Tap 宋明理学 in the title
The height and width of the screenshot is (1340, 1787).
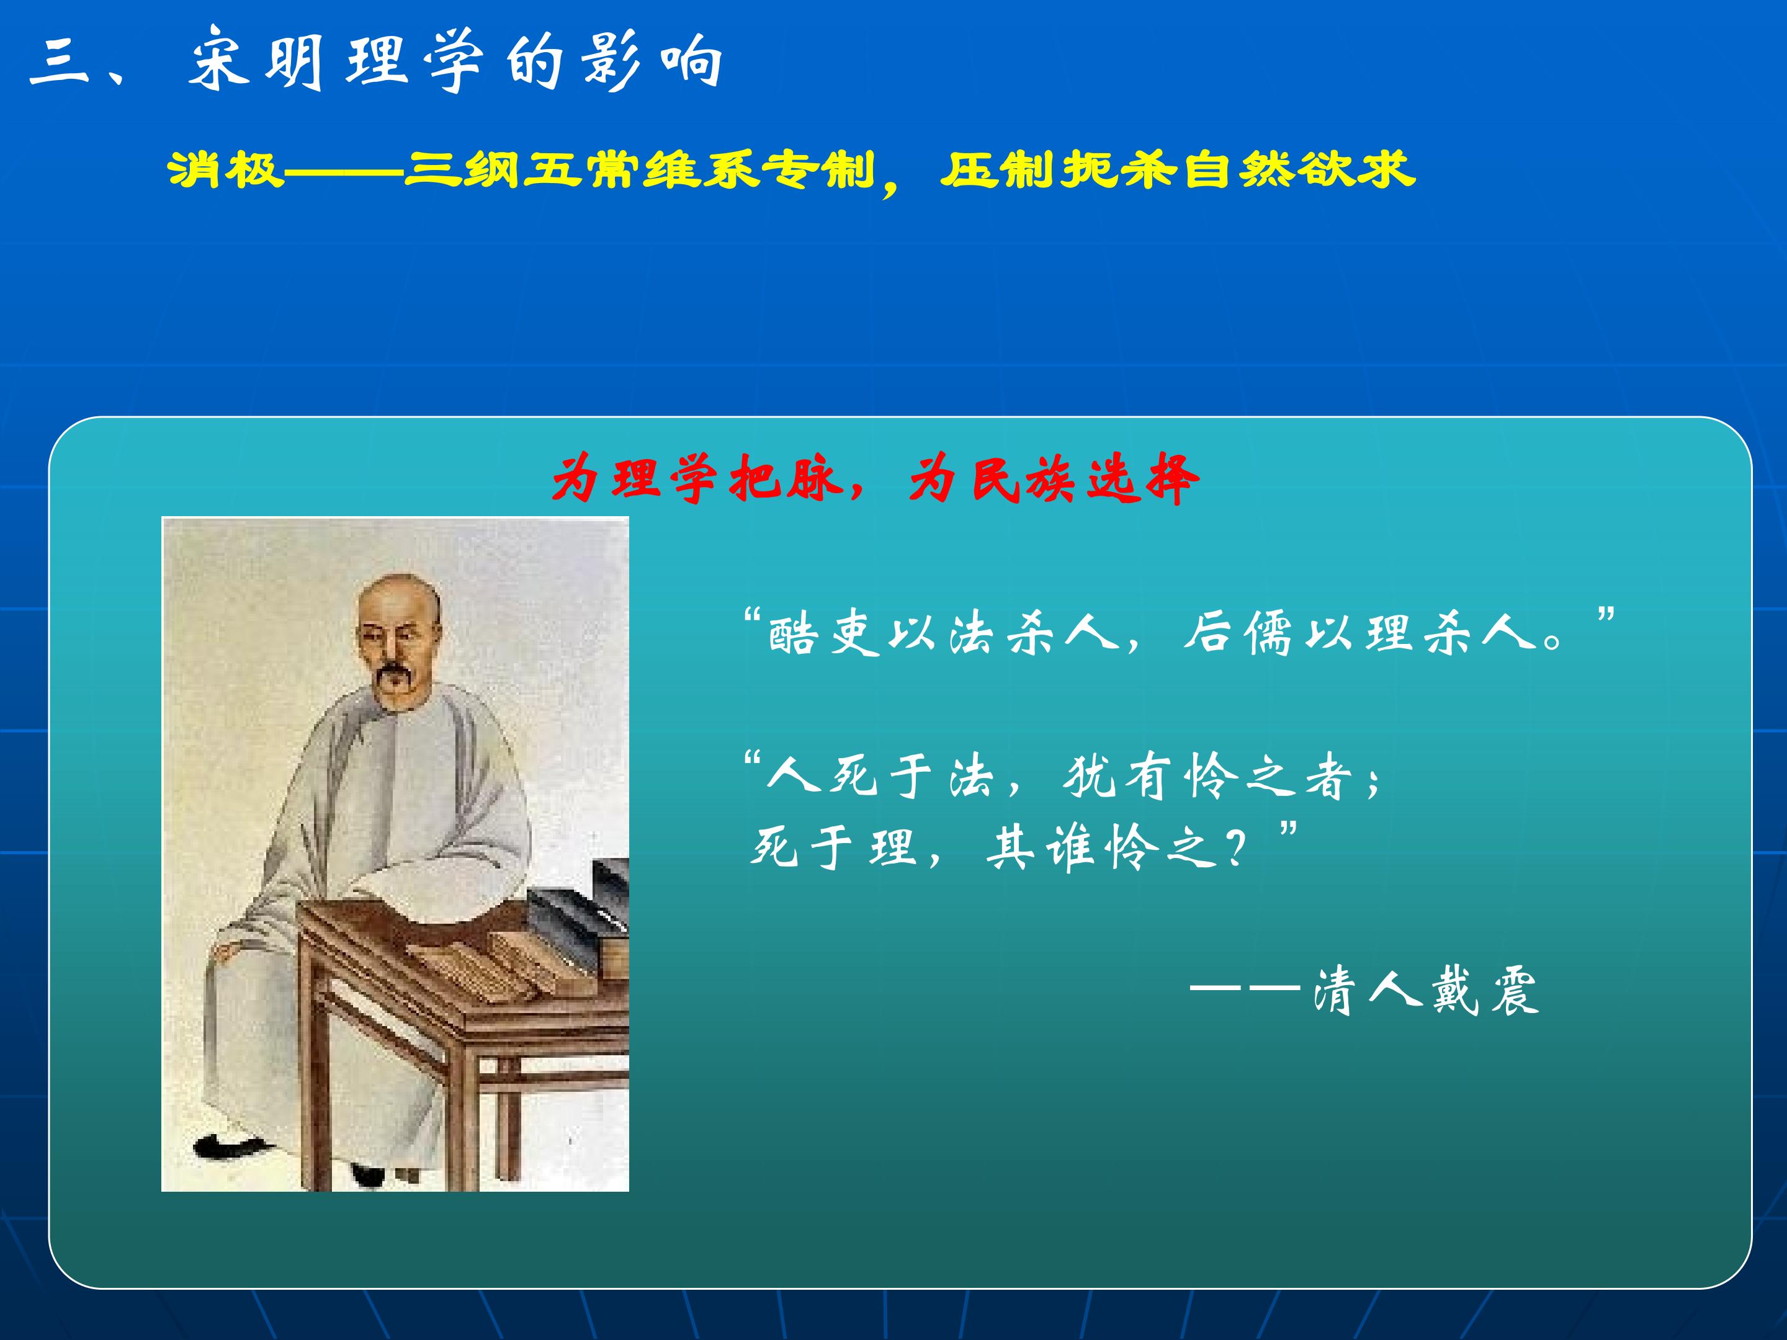pyautogui.click(x=336, y=61)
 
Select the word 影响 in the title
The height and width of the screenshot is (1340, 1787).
pyautogui.click(x=651, y=61)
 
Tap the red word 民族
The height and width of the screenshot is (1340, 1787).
pyautogui.click(x=1023, y=480)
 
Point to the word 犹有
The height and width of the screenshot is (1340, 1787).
pyautogui.click(x=1117, y=777)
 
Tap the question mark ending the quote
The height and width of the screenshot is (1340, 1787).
pyautogui.click(x=1235, y=849)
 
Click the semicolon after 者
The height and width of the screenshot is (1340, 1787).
pyautogui.click(x=1373, y=782)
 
